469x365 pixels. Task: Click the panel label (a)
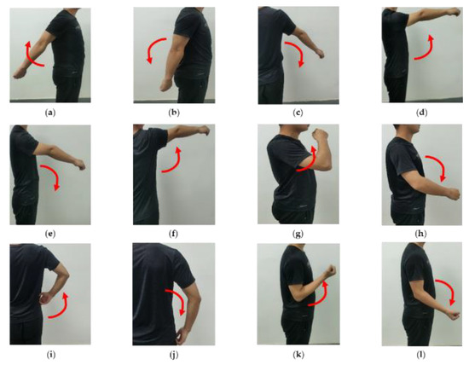(x=50, y=113)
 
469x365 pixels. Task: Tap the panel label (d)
(x=422, y=113)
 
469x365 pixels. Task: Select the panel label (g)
(x=298, y=234)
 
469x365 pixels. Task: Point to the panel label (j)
(x=173, y=355)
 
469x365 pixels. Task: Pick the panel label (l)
(x=421, y=355)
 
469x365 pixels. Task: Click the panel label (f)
(x=173, y=234)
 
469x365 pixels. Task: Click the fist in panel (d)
(x=455, y=12)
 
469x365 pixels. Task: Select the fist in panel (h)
(x=452, y=194)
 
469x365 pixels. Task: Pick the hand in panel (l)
(x=453, y=315)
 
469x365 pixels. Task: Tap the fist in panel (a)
(x=19, y=73)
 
